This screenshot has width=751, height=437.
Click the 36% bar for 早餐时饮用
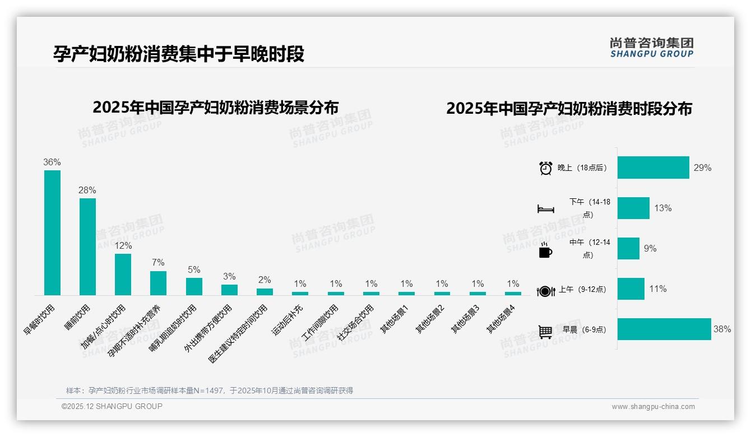52,233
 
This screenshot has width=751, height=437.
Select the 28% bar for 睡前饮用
87,247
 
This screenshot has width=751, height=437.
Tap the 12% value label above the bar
123,245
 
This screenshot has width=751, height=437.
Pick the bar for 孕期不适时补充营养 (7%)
158,283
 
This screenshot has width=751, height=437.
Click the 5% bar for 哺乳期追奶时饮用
194,286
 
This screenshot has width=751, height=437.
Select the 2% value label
265,280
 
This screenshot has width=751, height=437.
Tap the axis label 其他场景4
500,320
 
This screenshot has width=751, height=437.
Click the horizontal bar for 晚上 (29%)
653,168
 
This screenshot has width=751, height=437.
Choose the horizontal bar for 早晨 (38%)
664,329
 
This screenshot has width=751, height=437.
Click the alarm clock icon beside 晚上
545,168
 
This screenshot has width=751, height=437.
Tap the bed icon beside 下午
545,209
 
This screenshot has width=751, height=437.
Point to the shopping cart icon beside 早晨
545,332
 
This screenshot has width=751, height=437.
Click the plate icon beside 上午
545,291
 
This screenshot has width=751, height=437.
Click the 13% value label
662,208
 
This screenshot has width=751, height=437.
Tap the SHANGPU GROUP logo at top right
651,48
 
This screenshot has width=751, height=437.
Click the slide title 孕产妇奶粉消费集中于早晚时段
179,54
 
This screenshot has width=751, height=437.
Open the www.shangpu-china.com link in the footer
653,407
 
